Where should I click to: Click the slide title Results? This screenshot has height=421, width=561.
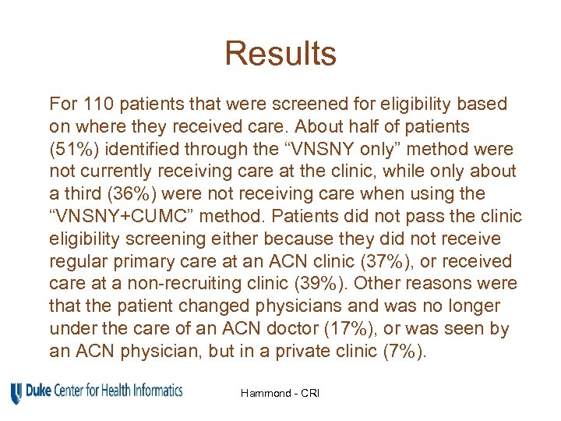tap(280, 54)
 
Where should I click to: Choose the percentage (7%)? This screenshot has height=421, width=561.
tap(403, 352)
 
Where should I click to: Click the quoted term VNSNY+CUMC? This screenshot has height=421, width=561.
tap(127, 216)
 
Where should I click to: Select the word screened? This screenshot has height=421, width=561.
tap(290, 104)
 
